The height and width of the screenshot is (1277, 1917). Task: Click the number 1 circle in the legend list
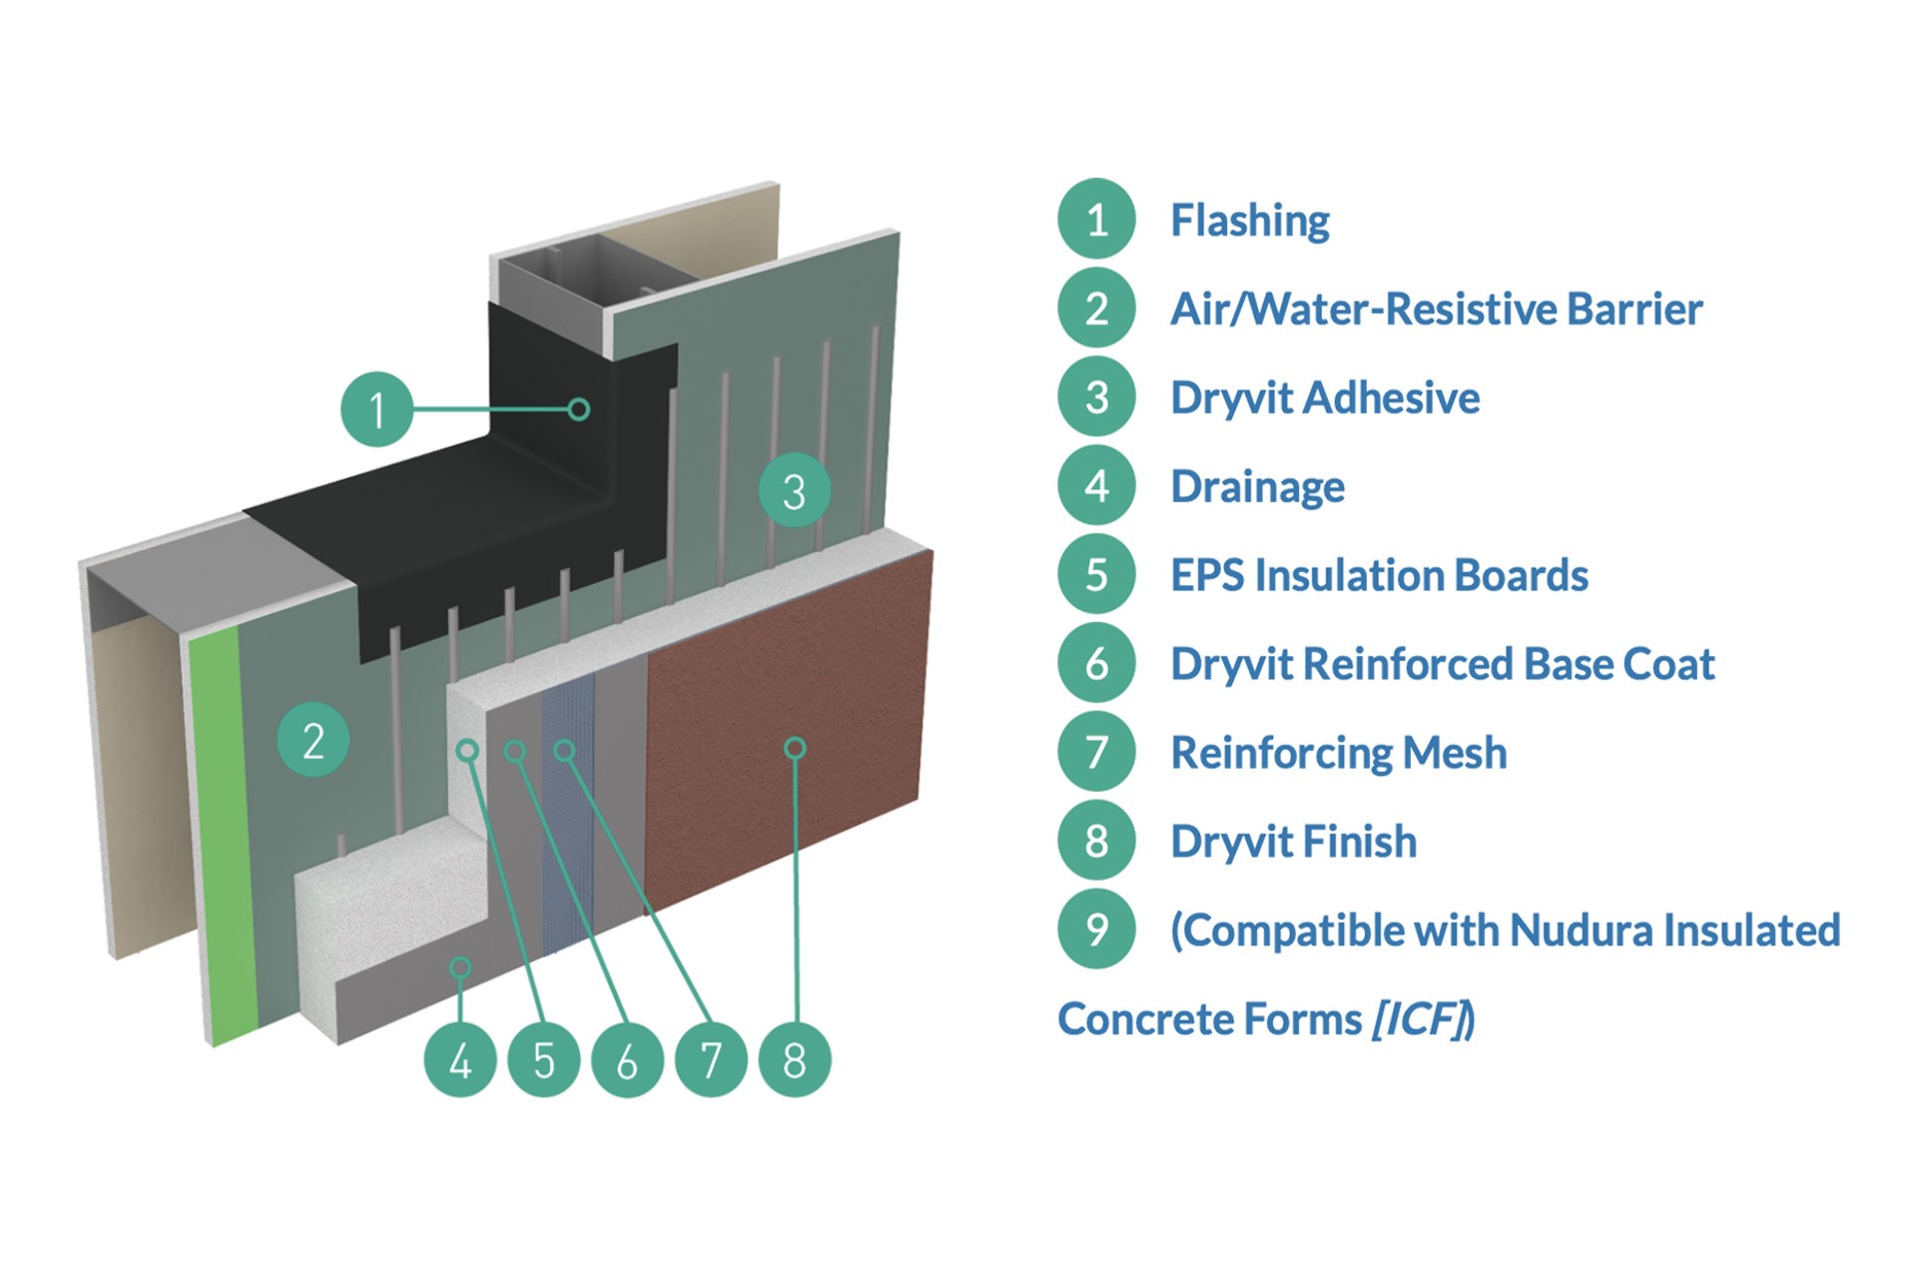(x=1096, y=219)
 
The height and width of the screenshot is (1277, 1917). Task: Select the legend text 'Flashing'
(x=1249, y=221)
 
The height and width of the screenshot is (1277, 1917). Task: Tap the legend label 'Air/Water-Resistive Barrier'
(x=1436, y=310)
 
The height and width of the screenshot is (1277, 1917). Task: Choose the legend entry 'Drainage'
(x=1257, y=487)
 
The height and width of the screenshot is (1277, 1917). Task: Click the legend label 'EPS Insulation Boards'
(x=1379, y=575)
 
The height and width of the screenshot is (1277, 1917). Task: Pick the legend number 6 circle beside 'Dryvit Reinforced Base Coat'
(x=1096, y=663)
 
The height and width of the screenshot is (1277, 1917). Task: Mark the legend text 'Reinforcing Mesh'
(x=1338, y=753)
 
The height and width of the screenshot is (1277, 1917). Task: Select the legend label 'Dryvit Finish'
(x=1293, y=842)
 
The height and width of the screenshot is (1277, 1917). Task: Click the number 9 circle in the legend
(x=1096, y=930)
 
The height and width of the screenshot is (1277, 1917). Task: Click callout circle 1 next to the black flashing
(x=376, y=409)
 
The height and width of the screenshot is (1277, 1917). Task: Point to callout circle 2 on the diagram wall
(x=313, y=741)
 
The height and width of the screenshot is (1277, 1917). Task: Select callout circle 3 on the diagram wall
(x=794, y=490)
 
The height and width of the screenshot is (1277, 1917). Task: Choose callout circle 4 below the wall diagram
(x=460, y=1060)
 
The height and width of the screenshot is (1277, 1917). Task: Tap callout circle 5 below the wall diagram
(x=544, y=1060)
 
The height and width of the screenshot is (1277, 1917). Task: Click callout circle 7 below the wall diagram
(x=711, y=1060)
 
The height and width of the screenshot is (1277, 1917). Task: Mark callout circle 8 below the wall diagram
(x=795, y=1060)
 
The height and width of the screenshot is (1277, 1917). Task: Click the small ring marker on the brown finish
(x=795, y=748)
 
